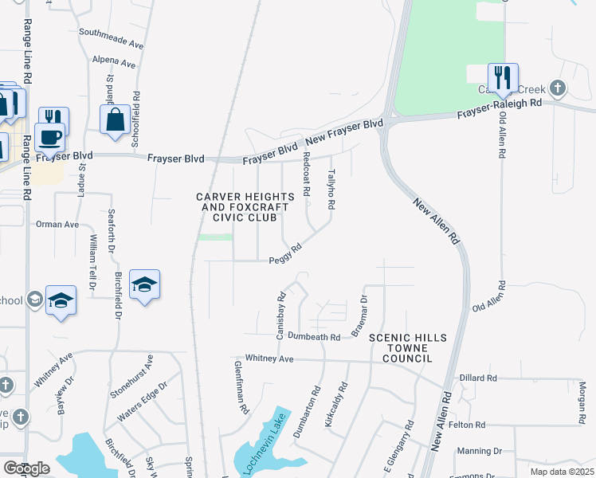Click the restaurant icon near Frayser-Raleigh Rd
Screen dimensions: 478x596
coord(503,77)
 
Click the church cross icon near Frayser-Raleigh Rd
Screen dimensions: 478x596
coord(559,87)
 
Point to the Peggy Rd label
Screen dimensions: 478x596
coord(284,254)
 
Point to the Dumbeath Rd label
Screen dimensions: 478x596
coord(314,337)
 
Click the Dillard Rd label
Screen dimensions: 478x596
coord(478,378)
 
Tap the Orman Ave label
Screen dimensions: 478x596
coord(57,225)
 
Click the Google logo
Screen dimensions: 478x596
coord(26,468)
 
